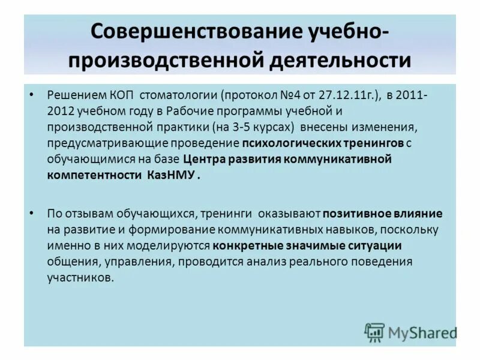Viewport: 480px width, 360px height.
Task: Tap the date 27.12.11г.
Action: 334,97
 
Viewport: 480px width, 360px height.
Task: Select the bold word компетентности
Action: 93,175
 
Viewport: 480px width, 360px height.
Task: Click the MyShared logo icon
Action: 374,332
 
